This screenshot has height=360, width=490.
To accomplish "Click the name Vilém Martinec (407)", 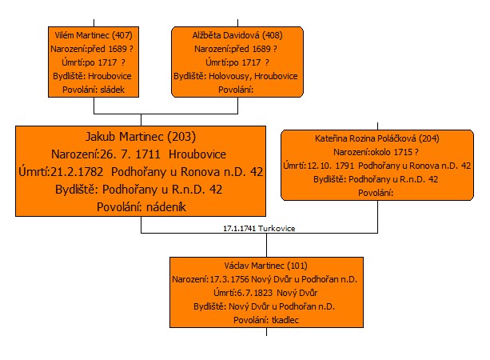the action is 94,35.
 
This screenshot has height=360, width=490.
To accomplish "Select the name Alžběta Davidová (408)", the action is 237,35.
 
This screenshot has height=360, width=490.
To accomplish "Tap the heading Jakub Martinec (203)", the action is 141,137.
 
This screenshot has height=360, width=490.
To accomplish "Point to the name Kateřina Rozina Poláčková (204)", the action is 376,138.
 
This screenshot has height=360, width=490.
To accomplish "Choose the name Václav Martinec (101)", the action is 265,266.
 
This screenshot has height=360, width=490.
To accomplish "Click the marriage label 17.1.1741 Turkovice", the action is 259,228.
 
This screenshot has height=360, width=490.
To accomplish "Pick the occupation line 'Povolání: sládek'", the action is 94,90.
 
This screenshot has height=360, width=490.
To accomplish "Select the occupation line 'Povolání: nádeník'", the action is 141,207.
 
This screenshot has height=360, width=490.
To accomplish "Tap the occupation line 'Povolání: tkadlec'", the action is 266,320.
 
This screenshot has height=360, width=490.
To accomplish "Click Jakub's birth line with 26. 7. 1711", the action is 138,154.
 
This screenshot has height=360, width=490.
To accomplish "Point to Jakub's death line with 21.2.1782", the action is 141,172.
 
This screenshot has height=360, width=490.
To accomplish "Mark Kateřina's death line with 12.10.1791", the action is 376,166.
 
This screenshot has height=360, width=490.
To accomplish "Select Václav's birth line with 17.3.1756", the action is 265,279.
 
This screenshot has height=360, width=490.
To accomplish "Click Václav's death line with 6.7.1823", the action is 265,293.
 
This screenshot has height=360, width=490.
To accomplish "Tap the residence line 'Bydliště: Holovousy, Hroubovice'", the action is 236,76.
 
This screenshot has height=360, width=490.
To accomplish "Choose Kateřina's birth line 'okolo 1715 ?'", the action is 376,152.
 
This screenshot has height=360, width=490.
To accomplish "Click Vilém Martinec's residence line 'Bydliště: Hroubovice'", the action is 92,76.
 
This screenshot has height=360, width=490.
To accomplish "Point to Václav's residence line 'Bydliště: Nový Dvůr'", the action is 264,306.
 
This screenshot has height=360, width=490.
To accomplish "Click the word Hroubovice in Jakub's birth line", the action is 197,154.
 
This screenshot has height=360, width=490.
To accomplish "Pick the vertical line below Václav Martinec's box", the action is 266,332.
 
